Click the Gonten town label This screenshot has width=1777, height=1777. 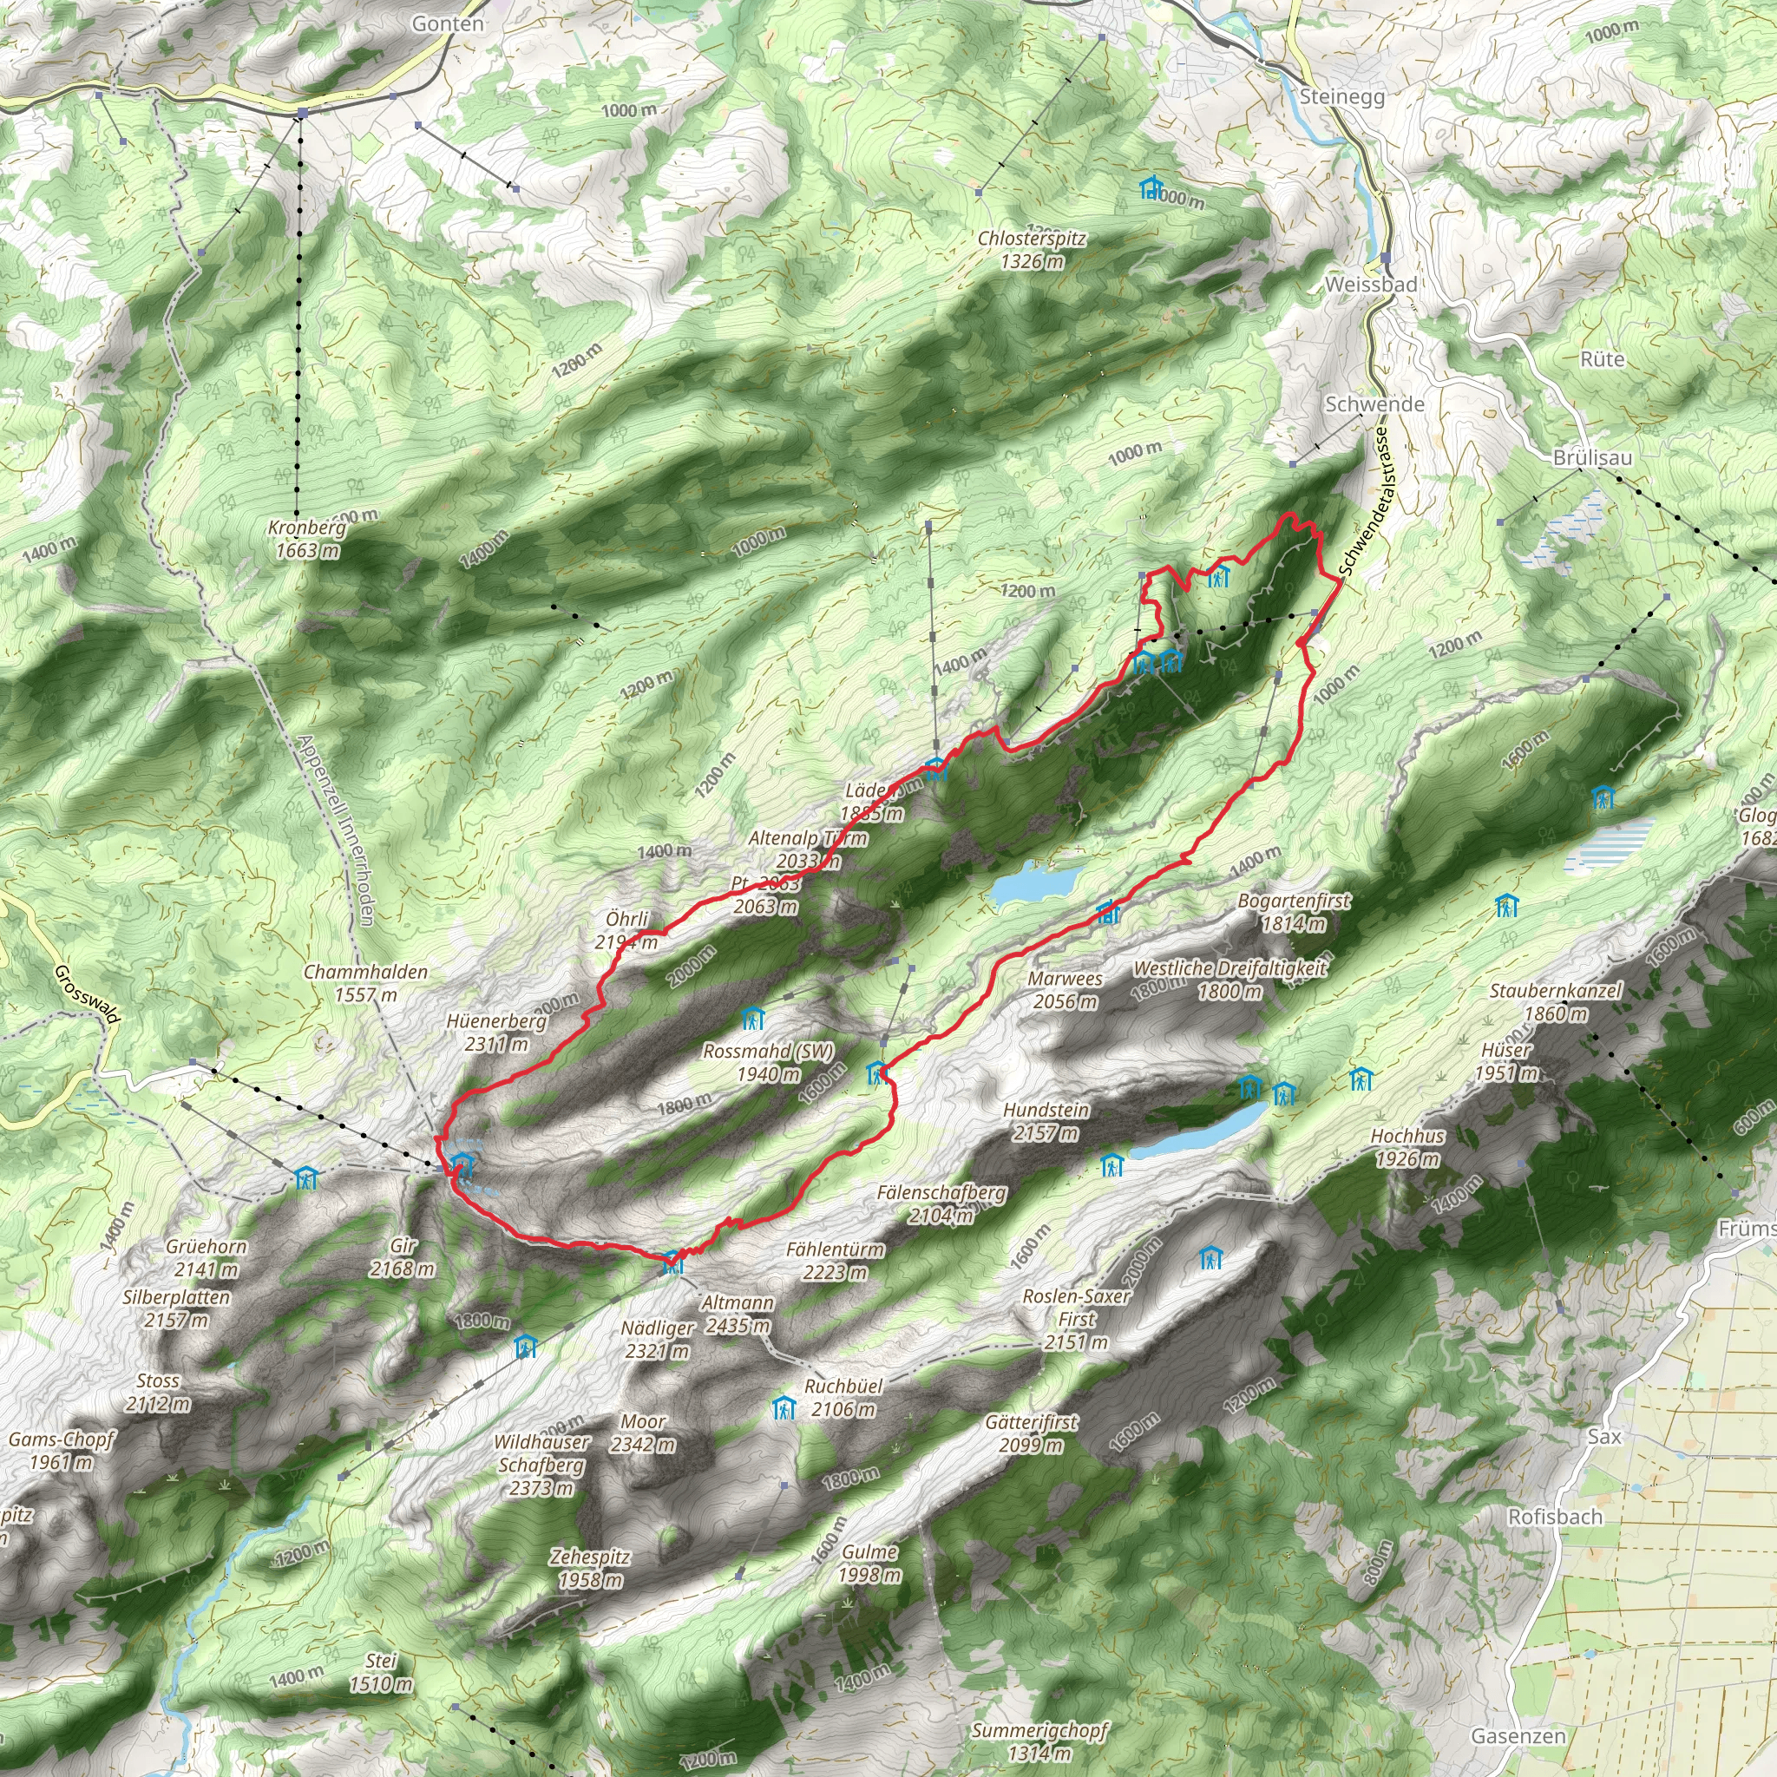447,24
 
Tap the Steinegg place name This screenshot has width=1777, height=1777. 1342,96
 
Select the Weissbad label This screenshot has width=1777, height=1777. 1370,285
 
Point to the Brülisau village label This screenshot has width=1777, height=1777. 1592,457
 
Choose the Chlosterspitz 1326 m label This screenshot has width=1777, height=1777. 1031,249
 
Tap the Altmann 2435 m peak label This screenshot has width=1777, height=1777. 737,1315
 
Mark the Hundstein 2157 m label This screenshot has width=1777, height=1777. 1046,1121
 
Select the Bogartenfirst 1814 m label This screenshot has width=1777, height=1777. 1293,912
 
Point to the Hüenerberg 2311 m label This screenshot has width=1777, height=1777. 496,1032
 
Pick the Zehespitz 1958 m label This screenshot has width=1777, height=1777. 589,1568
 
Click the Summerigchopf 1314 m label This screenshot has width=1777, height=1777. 1039,1741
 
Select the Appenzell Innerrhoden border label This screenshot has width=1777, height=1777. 335,829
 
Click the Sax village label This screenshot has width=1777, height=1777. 1604,1436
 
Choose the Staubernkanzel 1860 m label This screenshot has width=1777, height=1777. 1556,1001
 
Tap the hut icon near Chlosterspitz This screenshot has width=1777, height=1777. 1150,188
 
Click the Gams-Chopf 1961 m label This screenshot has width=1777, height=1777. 61,1451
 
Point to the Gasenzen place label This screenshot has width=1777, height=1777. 1518,1735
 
